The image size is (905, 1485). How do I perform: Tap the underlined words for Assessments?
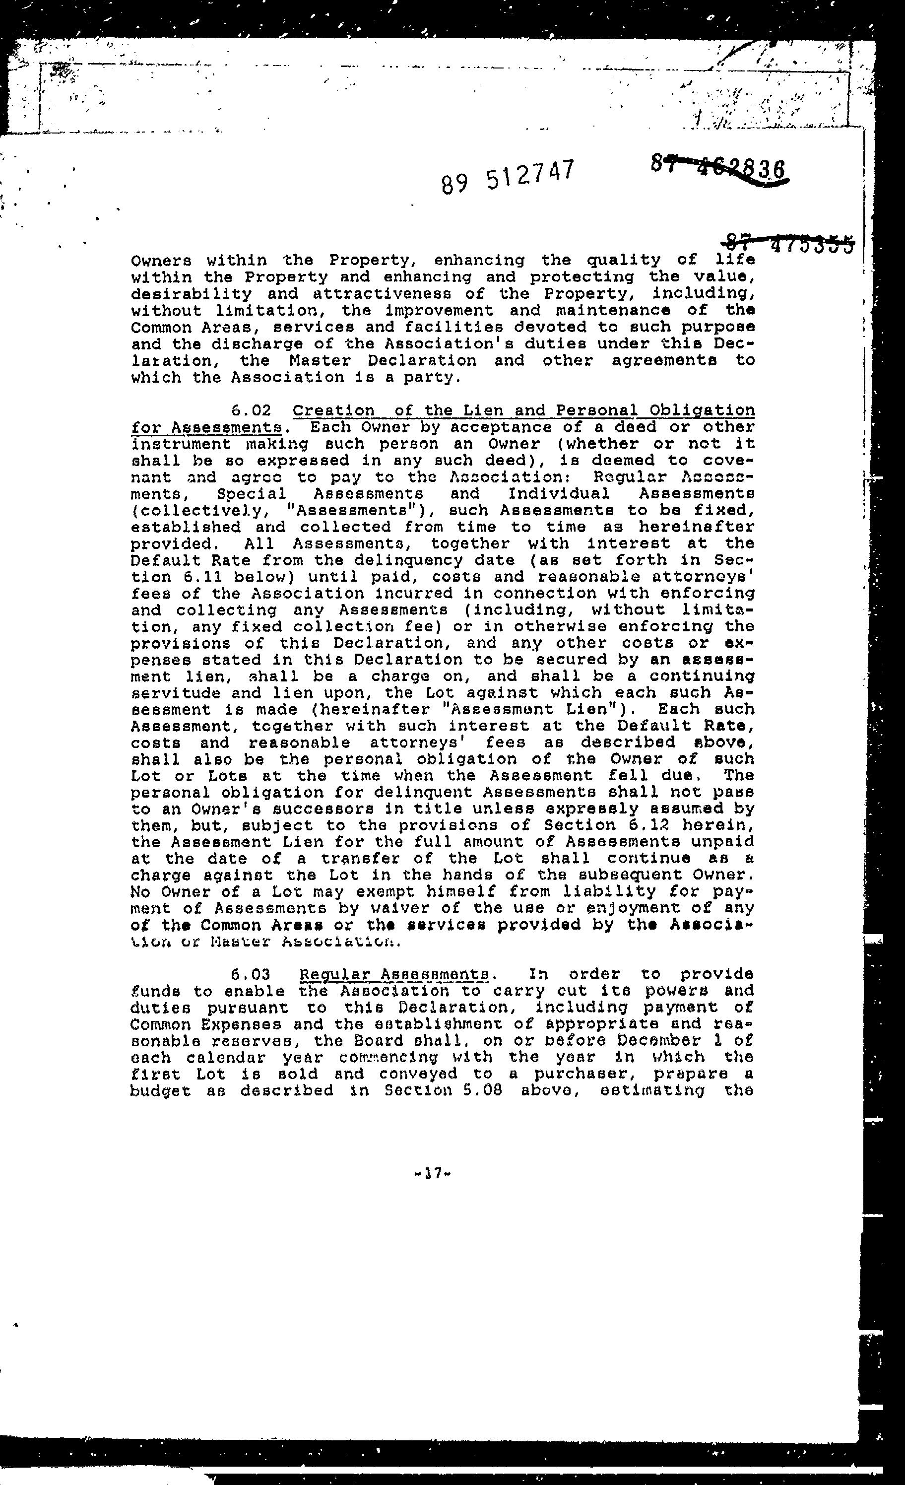point(206,428)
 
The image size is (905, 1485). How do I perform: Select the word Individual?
point(558,493)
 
